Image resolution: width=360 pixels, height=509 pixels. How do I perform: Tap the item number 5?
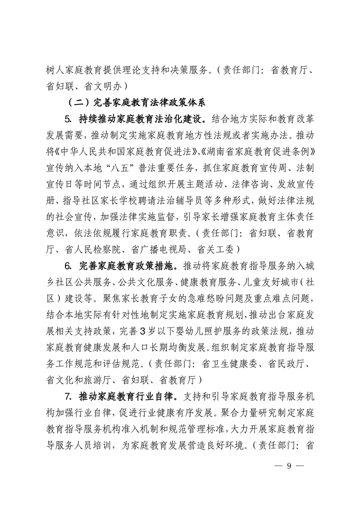[x=69, y=120]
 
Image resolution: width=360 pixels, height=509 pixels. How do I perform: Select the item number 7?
[x=69, y=397]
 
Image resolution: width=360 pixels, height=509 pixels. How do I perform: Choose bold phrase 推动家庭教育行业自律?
[x=130, y=397]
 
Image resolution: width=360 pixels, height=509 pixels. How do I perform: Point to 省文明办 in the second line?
[x=99, y=85]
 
